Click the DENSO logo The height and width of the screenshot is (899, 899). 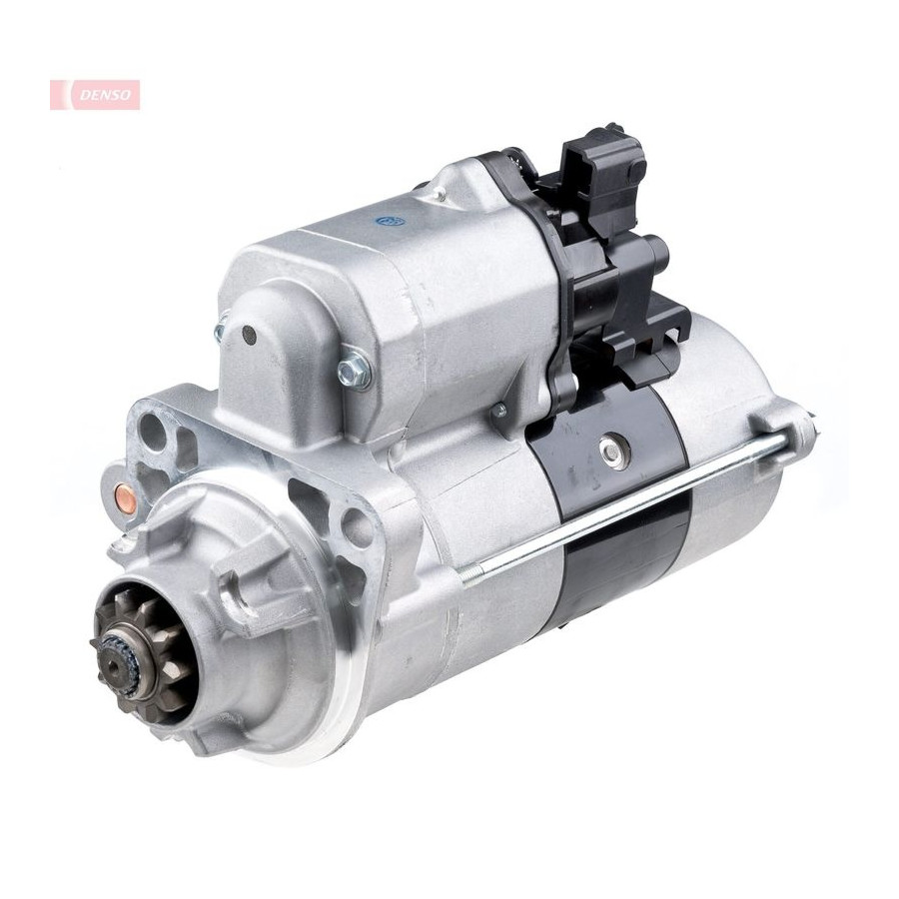pyautogui.click(x=95, y=95)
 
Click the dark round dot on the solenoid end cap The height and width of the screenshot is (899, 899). pyautogui.click(x=249, y=334)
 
